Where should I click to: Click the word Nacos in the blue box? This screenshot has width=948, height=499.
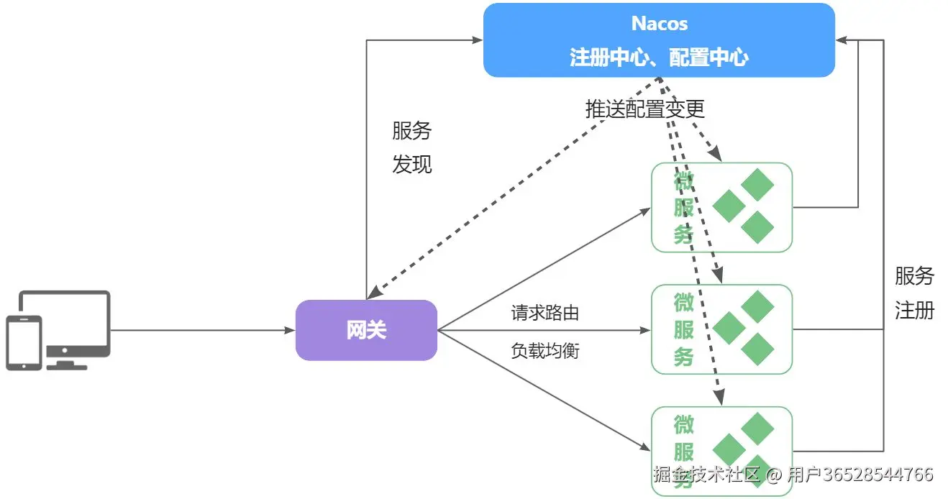click(x=660, y=23)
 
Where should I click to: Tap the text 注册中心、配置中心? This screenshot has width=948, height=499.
click(x=659, y=57)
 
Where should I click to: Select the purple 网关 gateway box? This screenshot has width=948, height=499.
click(x=367, y=330)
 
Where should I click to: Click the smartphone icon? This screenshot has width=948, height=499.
click(x=24, y=343)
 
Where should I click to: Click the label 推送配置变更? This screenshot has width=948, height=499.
click(x=645, y=109)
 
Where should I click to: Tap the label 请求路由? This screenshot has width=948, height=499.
click(x=545, y=313)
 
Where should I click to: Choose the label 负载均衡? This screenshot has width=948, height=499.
click(x=545, y=350)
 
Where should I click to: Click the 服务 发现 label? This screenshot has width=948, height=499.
click(x=412, y=147)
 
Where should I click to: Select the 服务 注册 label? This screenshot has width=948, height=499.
click(x=915, y=293)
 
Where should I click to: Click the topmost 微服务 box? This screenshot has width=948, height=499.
click(x=722, y=207)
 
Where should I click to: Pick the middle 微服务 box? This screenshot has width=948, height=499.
click(x=722, y=329)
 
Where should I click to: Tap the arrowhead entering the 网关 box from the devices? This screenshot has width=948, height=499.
click(x=289, y=330)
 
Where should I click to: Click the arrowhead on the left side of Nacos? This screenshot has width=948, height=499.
click(x=478, y=40)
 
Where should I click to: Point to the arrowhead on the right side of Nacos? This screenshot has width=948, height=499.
click(x=842, y=40)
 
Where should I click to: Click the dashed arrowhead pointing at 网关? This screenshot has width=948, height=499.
click(x=374, y=293)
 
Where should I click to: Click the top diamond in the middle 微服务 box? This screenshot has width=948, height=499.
click(x=757, y=306)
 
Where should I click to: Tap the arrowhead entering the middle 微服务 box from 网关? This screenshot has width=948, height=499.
click(x=645, y=330)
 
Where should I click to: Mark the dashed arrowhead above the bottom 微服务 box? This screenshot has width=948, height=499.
click(x=719, y=397)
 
